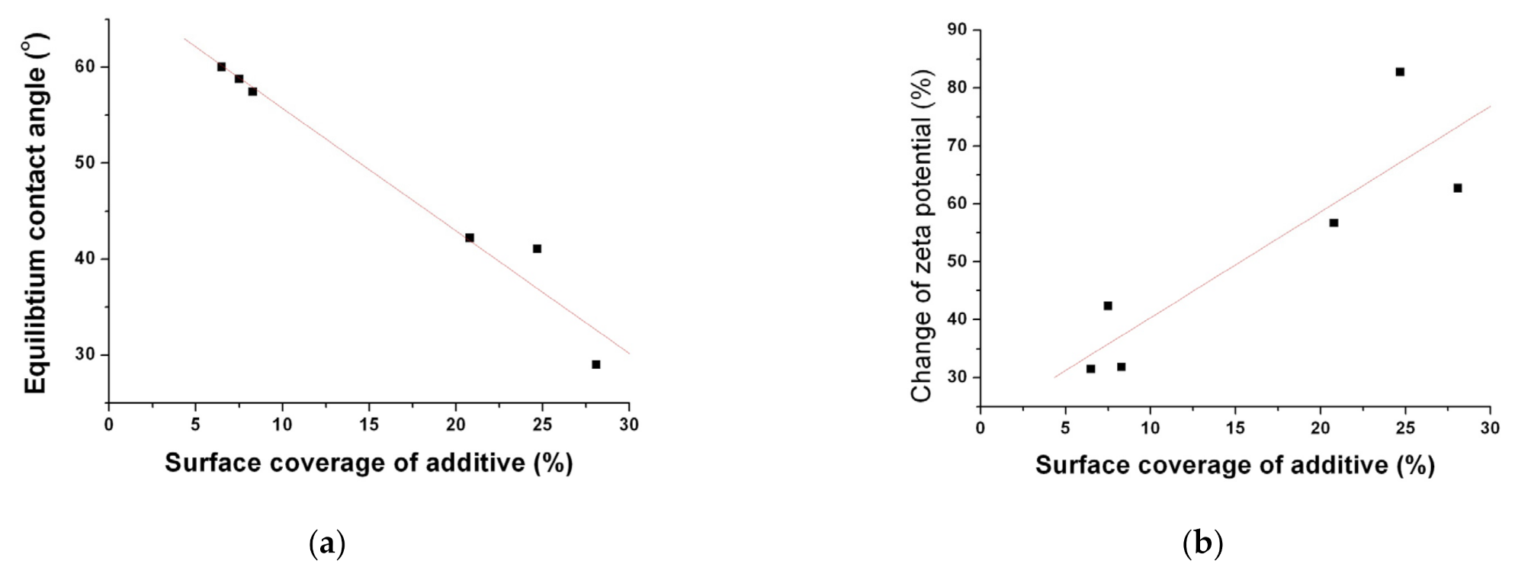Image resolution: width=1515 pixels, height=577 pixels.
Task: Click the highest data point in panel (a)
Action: [x=221, y=67]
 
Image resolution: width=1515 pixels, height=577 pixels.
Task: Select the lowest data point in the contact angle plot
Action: [x=595, y=364]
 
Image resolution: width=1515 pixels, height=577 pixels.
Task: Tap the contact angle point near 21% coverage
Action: [x=470, y=238]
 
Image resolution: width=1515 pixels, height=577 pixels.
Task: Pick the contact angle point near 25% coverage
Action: [x=537, y=248]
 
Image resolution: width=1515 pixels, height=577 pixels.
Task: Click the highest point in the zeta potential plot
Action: [x=1400, y=72]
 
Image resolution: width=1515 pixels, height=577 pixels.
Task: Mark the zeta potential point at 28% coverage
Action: [x=1457, y=188]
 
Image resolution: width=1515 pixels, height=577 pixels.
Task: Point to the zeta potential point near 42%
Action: [x=1108, y=306]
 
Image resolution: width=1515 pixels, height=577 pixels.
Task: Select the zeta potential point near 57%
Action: [x=1334, y=223]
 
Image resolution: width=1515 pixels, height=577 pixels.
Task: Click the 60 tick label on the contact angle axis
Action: [x=88, y=67]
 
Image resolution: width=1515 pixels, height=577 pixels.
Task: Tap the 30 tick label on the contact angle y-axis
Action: [x=88, y=355]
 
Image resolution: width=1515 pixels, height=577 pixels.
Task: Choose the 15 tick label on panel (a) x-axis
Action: [x=369, y=425]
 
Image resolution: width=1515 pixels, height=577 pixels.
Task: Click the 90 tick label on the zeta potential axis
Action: [x=957, y=30]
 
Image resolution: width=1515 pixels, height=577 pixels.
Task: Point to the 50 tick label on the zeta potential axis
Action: [x=957, y=261]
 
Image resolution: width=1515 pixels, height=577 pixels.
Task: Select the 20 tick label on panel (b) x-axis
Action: [x=1321, y=428]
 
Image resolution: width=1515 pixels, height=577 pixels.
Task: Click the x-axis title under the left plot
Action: [x=369, y=463]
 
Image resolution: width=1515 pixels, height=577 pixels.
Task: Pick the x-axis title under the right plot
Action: [x=1235, y=465]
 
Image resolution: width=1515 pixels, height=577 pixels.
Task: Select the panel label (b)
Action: [x=1202, y=544]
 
